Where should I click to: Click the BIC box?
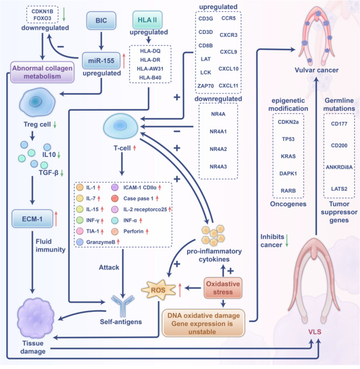point(101,21)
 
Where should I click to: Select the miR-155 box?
point(101,61)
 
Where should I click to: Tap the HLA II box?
point(147,20)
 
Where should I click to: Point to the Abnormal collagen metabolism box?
point(43,72)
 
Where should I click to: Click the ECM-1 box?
point(32,219)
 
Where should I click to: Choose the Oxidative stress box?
point(223,288)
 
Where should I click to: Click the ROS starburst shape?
point(158,290)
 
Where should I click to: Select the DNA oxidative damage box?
point(204,323)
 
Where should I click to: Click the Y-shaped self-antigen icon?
point(123,306)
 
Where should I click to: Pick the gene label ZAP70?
point(206,86)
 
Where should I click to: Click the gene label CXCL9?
point(228,52)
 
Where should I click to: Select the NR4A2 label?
point(218,149)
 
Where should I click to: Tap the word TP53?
point(288,139)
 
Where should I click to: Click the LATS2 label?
point(339,189)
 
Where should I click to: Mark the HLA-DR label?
point(150,60)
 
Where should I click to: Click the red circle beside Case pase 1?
point(115,199)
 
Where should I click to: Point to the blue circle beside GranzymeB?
point(80,242)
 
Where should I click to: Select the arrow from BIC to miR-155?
point(101,41)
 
